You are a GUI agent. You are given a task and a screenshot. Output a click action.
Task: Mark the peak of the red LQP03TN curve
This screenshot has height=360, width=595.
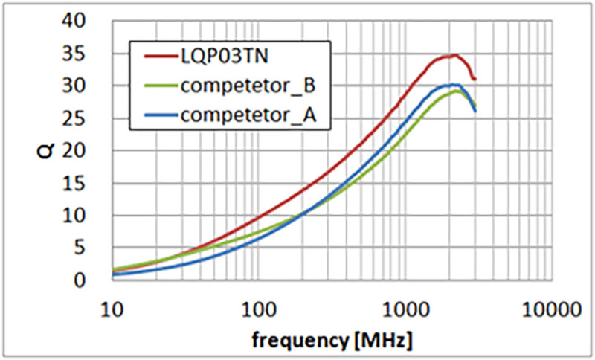454,55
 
